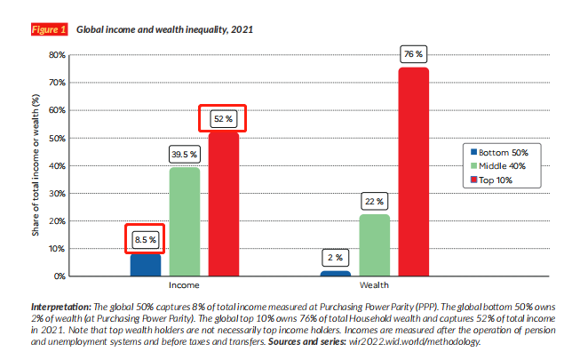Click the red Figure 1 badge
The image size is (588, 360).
[49, 29]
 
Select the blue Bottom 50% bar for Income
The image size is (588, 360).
[146, 265]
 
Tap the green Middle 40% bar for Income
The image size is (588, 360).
[185, 222]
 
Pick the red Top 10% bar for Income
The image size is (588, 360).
[224, 204]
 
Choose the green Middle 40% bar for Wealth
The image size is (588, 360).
[375, 245]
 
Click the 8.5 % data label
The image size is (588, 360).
[145, 239]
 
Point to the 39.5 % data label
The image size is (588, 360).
[185, 154]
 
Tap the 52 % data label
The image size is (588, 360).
[223, 117]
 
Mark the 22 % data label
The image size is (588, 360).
[375, 201]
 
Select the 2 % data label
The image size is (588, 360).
[336, 257]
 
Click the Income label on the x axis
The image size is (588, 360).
[184, 287]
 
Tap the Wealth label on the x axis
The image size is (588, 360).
[374, 287]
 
